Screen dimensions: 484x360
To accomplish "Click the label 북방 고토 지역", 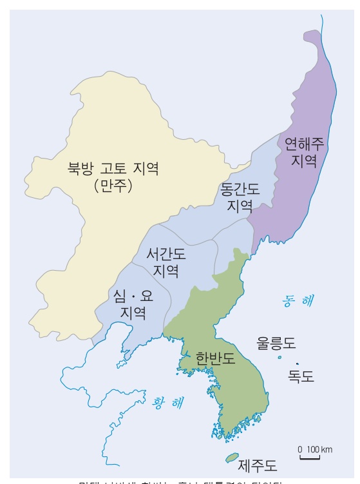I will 113,169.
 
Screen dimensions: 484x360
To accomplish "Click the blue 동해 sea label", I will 299,300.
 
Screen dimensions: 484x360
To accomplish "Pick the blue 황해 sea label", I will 167,403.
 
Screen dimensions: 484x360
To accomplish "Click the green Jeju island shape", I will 231,458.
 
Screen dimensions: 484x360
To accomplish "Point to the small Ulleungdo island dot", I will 279,357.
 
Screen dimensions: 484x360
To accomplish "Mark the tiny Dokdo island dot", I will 297,364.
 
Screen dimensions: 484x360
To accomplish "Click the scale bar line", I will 309,458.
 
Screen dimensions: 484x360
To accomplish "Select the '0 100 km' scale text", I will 315,449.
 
